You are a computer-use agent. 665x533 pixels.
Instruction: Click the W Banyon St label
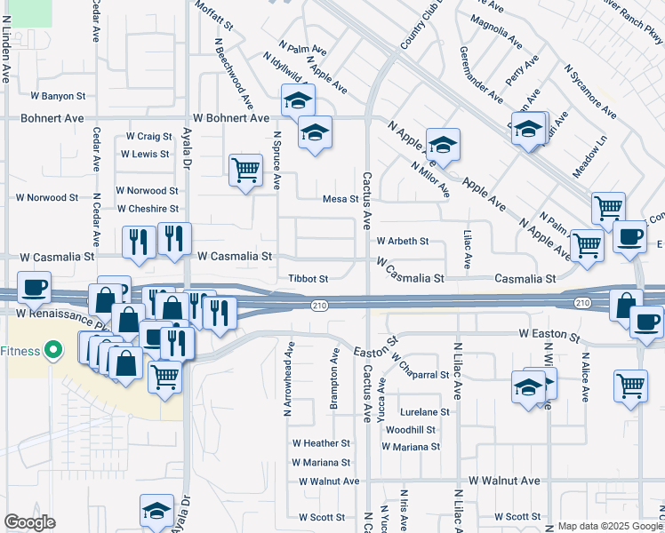pyautogui.click(x=58, y=95)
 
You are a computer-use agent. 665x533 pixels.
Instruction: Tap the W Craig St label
pyautogui.click(x=148, y=136)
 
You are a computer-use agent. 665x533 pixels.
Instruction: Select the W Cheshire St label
pyautogui.click(x=148, y=209)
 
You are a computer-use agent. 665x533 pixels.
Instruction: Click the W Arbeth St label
pyautogui.click(x=403, y=241)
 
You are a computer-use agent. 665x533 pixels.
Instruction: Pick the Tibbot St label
pyautogui.click(x=308, y=278)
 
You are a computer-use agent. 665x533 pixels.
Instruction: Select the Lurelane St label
pyautogui.click(x=425, y=412)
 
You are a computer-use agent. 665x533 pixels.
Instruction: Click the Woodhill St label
pyautogui.click(x=411, y=429)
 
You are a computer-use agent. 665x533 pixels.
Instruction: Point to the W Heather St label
pyautogui.click(x=321, y=443)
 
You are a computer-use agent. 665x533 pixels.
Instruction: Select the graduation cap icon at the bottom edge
pyautogui.click(x=156, y=512)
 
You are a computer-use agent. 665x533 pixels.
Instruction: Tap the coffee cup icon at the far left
pyautogui.click(x=34, y=288)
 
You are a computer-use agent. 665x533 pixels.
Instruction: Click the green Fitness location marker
pyautogui.click(x=53, y=350)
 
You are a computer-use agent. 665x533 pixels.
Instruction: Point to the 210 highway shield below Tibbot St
pyautogui.click(x=318, y=306)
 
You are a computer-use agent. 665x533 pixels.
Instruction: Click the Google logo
pyautogui.click(x=30, y=522)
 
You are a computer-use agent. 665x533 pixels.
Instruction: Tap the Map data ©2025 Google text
pyautogui.click(x=609, y=526)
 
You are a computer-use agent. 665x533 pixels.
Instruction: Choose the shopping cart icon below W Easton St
pyautogui.click(x=630, y=386)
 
